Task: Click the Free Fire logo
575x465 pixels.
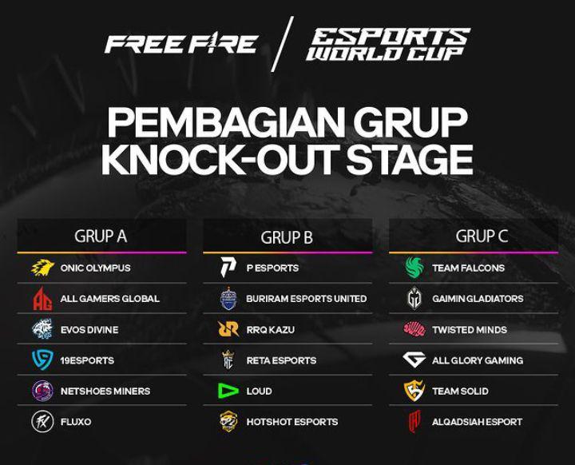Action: tap(181, 43)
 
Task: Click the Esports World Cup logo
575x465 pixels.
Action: tap(388, 44)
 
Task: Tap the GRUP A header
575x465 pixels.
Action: tap(101, 236)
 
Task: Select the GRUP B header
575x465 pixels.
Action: tap(287, 237)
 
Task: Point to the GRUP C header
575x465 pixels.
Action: tap(482, 236)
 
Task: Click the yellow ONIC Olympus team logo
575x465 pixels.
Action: tap(42, 268)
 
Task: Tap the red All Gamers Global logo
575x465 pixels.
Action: tap(42, 298)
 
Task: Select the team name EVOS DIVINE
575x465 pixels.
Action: tap(89, 329)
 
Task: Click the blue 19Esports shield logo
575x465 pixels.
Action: tap(42, 360)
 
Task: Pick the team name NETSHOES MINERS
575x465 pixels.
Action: tap(105, 391)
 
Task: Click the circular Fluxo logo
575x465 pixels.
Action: tap(42, 421)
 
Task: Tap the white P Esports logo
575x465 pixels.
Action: tap(228, 267)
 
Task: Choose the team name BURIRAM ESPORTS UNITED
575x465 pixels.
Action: tap(306, 299)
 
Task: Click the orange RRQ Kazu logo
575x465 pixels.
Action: tap(228, 329)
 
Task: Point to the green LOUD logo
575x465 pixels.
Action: tap(228, 391)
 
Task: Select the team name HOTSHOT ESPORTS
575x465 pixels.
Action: tap(292, 422)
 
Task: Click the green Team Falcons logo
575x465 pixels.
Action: tap(414, 267)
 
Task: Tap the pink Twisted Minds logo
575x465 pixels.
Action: tap(414, 329)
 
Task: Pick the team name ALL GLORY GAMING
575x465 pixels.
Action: tap(478, 360)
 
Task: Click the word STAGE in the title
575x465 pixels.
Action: tap(409, 159)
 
